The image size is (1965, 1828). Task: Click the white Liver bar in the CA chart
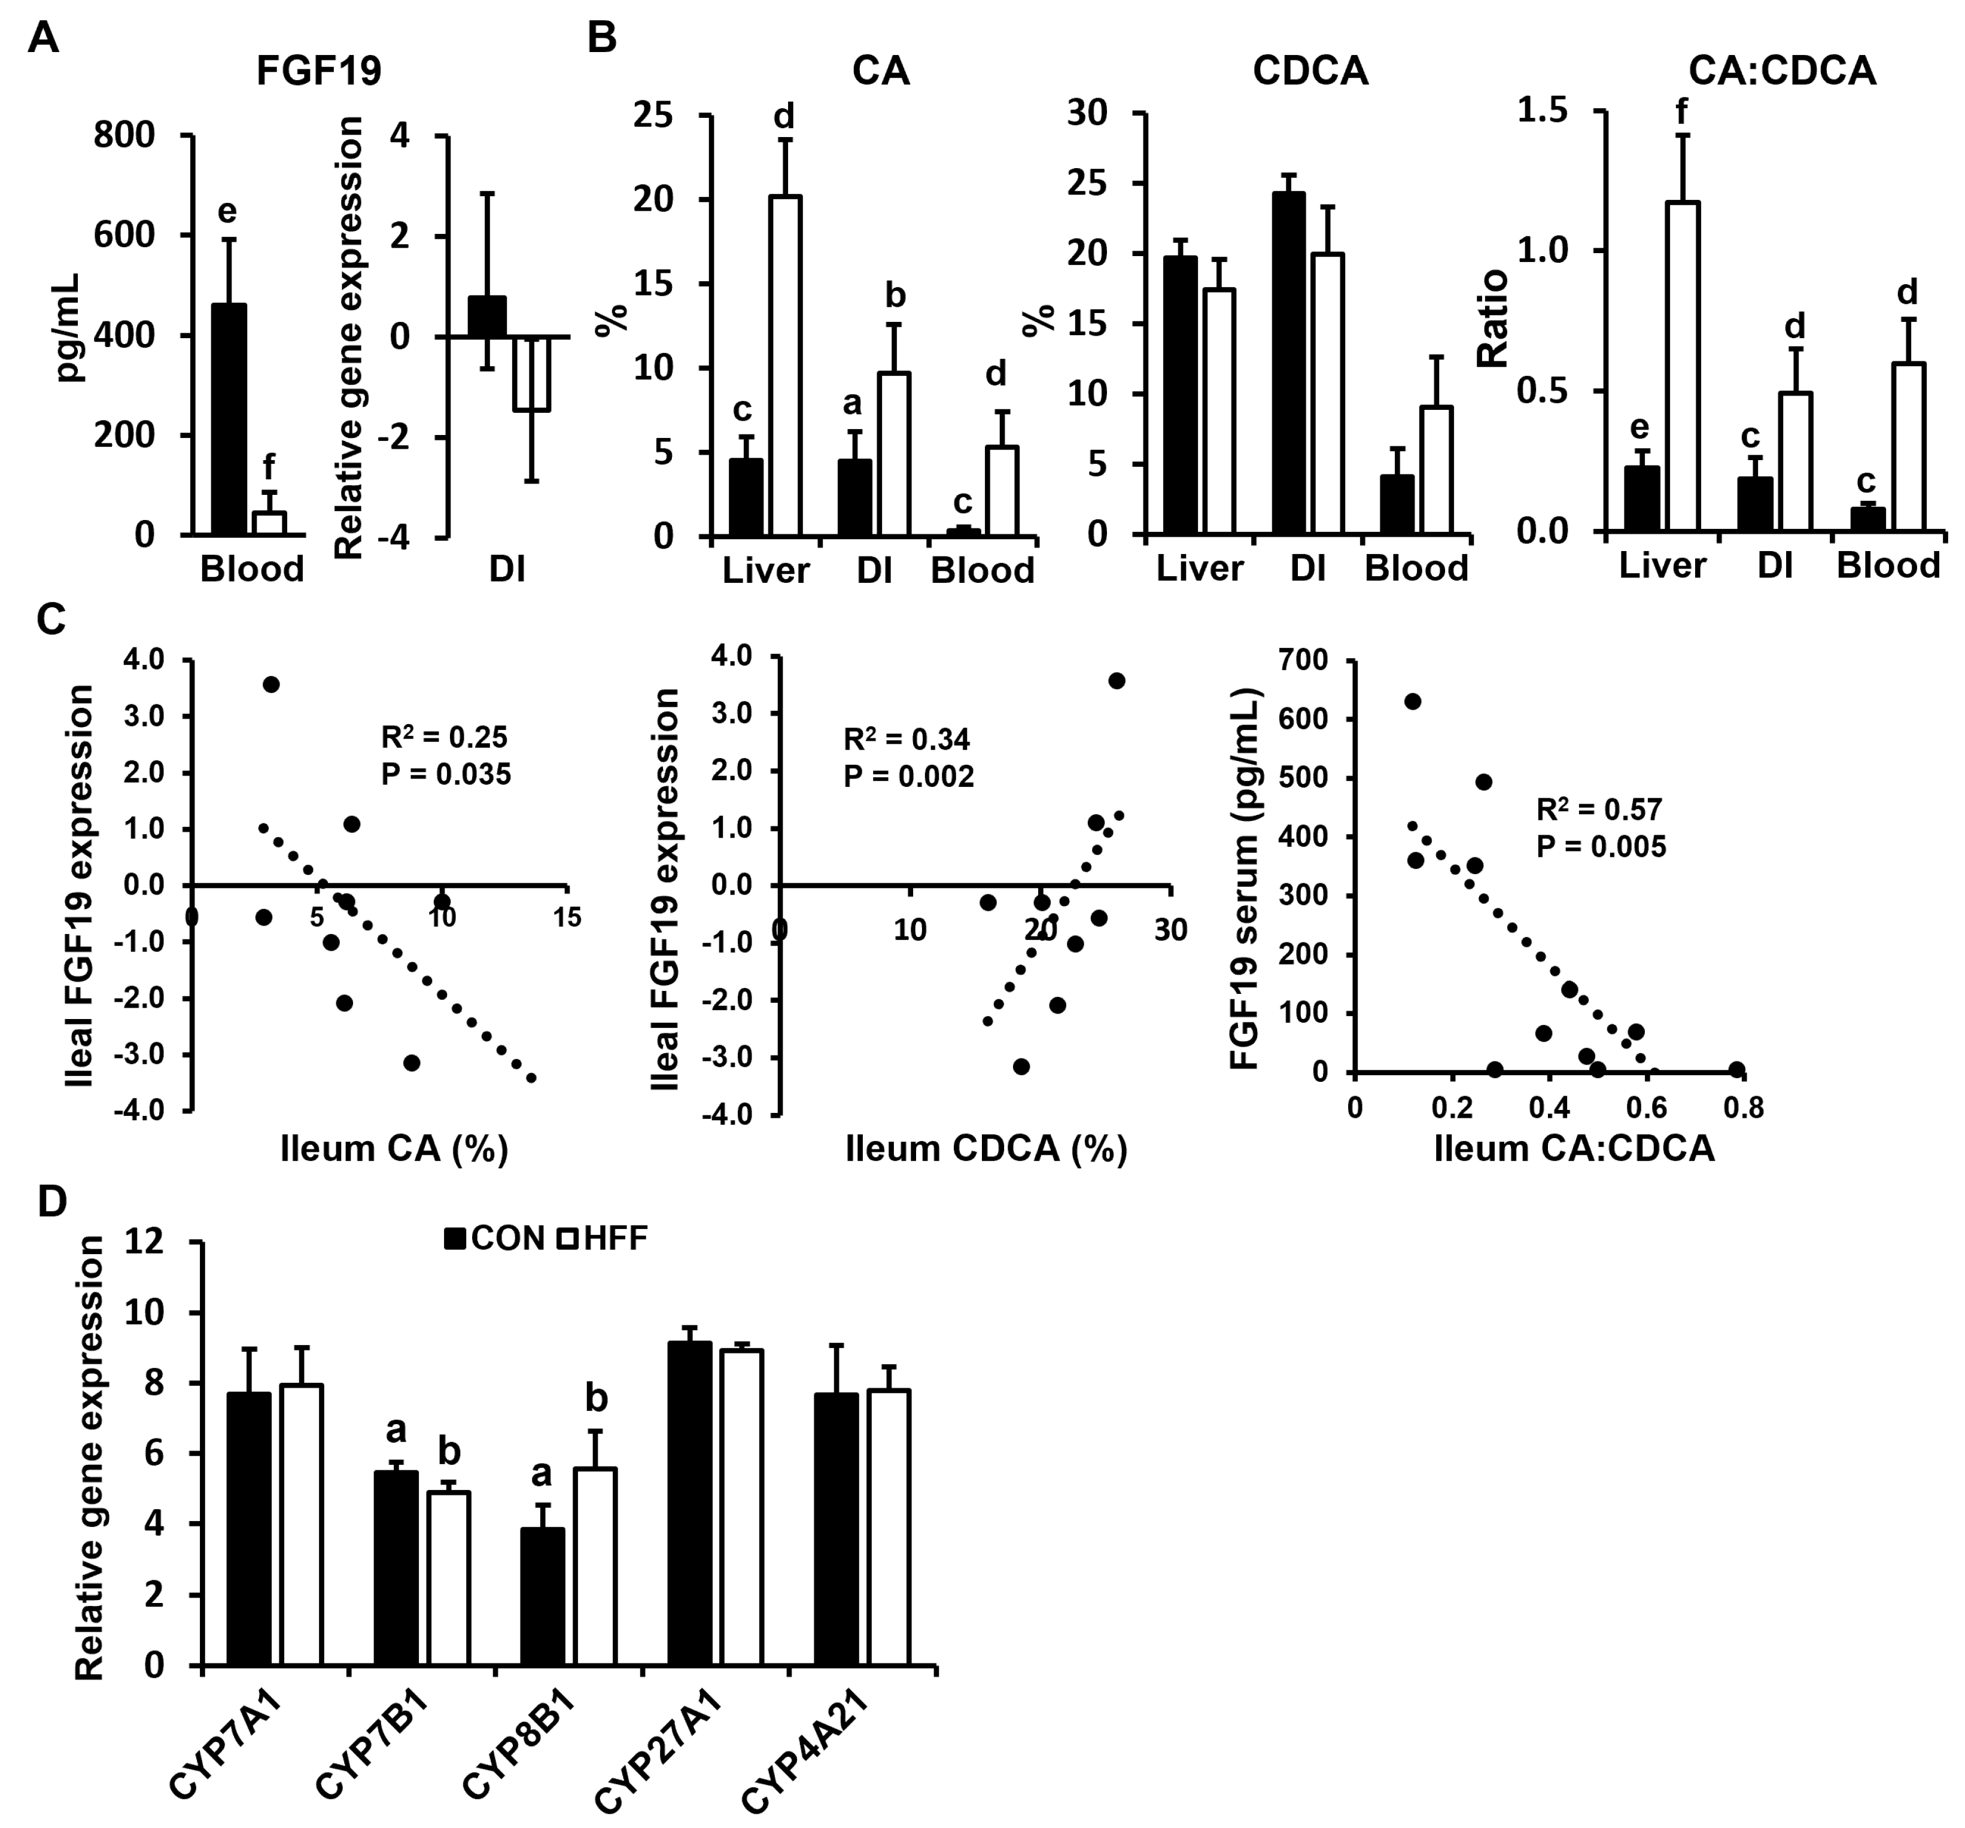pyautogui.click(x=785, y=366)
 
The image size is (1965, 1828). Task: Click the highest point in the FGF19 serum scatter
pyautogui.click(x=1413, y=701)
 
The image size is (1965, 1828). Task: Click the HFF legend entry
pyautogui.click(x=603, y=1238)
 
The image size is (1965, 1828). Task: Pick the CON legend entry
pyautogui.click(x=494, y=1238)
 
